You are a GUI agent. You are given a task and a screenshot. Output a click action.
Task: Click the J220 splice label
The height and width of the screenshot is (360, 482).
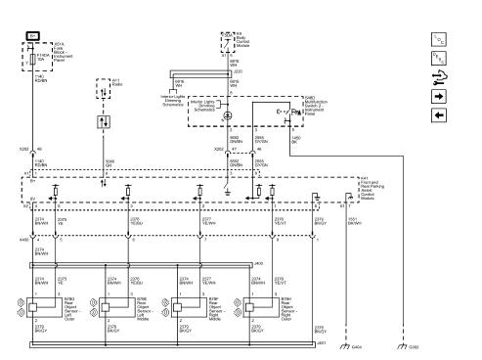point(239,71)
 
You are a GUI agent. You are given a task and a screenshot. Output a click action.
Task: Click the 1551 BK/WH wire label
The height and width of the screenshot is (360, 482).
point(356,220)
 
